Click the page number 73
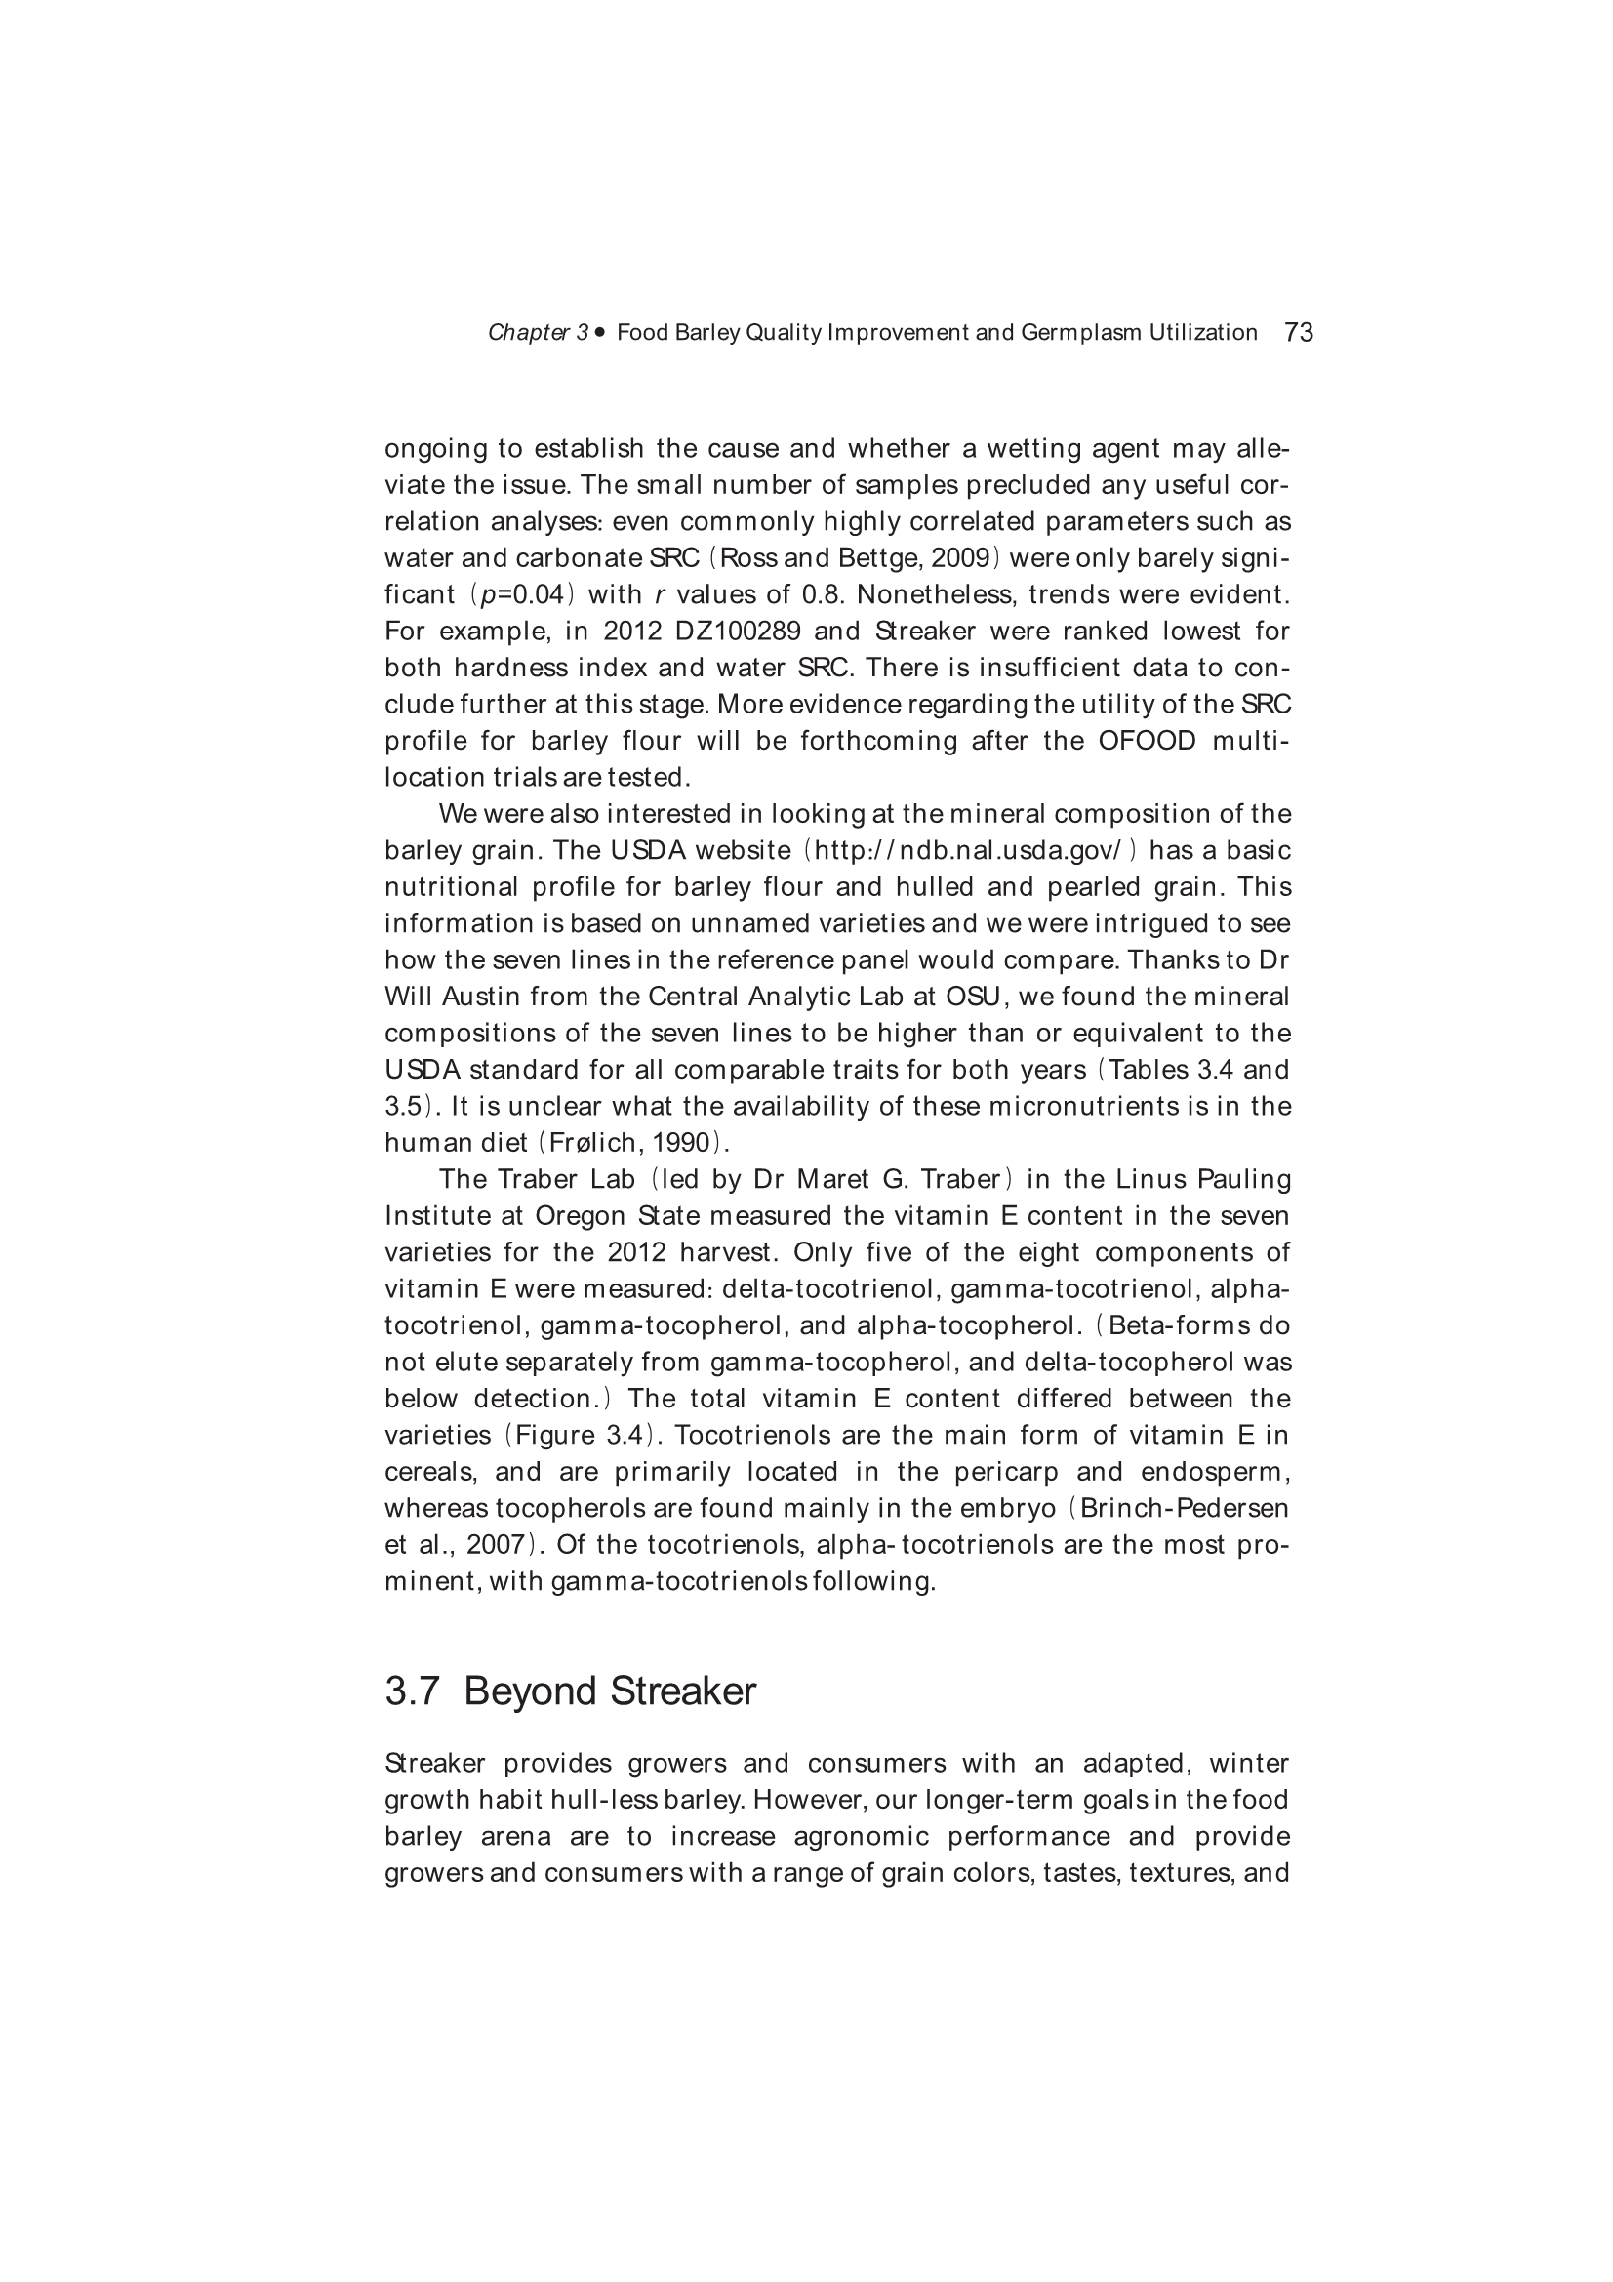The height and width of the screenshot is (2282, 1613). [1298, 332]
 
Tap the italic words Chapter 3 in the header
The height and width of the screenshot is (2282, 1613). [538, 333]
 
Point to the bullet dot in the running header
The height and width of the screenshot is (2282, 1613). [600, 332]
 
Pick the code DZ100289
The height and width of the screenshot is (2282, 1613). [738, 632]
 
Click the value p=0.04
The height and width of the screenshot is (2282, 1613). [528, 595]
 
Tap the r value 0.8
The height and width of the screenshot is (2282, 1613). [821, 595]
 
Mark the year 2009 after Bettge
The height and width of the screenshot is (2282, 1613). [958, 558]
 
